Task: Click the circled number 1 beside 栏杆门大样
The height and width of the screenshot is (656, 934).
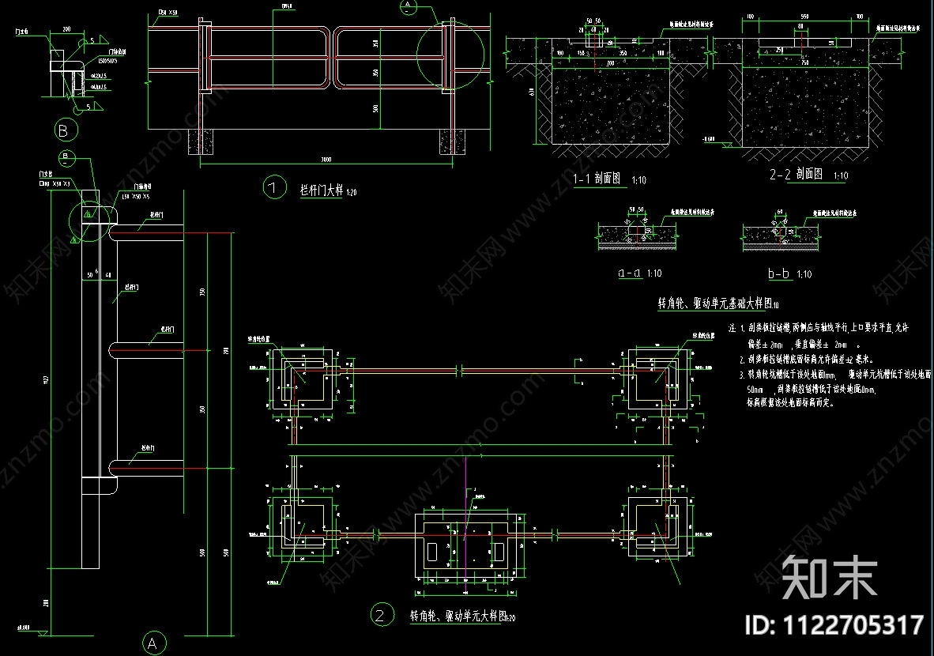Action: [x=273, y=188]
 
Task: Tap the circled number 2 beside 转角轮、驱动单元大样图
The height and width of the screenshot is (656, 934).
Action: [x=382, y=614]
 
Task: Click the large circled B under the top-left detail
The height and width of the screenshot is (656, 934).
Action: [x=63, y=129]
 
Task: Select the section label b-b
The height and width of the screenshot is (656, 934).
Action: [x=778, y=273]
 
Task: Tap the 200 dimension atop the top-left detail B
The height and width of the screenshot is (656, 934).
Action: [x=66, y=28]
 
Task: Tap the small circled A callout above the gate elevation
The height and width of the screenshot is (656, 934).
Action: [x=408, y=6]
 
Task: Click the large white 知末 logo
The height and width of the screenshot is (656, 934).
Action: [x=830, y=576]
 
